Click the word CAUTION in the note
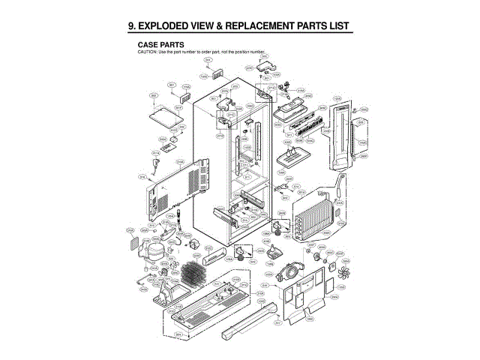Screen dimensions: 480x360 pyautogui.click(x=147, y=52)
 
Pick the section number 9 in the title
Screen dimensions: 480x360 pyautogui.click(x=131, y=27)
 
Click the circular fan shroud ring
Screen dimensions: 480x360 pyautogui.click(x=289, y=271)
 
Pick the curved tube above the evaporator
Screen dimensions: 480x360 pyautogui.click(x=342, y=184)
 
